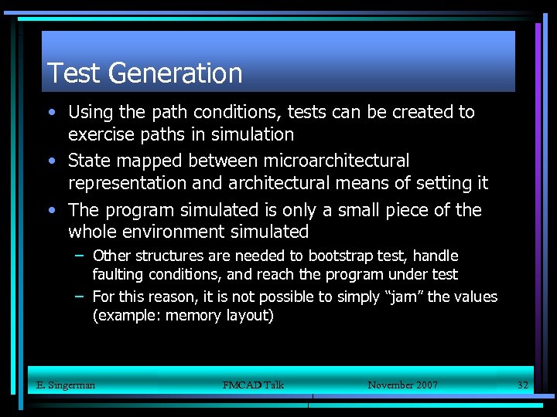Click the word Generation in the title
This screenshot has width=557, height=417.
click(x=176, y=73)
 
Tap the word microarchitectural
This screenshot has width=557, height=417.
click(x=337, y=161)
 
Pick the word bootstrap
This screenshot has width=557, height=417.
click(x=343, y=256)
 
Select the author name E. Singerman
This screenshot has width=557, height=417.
click(x=66, y=385)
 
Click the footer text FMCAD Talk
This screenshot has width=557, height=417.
click(x=253, y=385)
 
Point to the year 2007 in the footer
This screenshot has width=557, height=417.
click(x=425, y=385)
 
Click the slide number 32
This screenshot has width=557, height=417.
click(x=522, y=385)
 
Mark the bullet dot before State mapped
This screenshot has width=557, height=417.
click(x=51, y=161)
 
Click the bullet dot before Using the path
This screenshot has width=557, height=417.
click(x=51, y=112)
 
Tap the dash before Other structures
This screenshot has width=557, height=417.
click(x=80, y=256)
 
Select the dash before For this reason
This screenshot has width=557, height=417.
click(x=80, y=297)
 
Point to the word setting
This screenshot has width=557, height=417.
click(x=441, y=184)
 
